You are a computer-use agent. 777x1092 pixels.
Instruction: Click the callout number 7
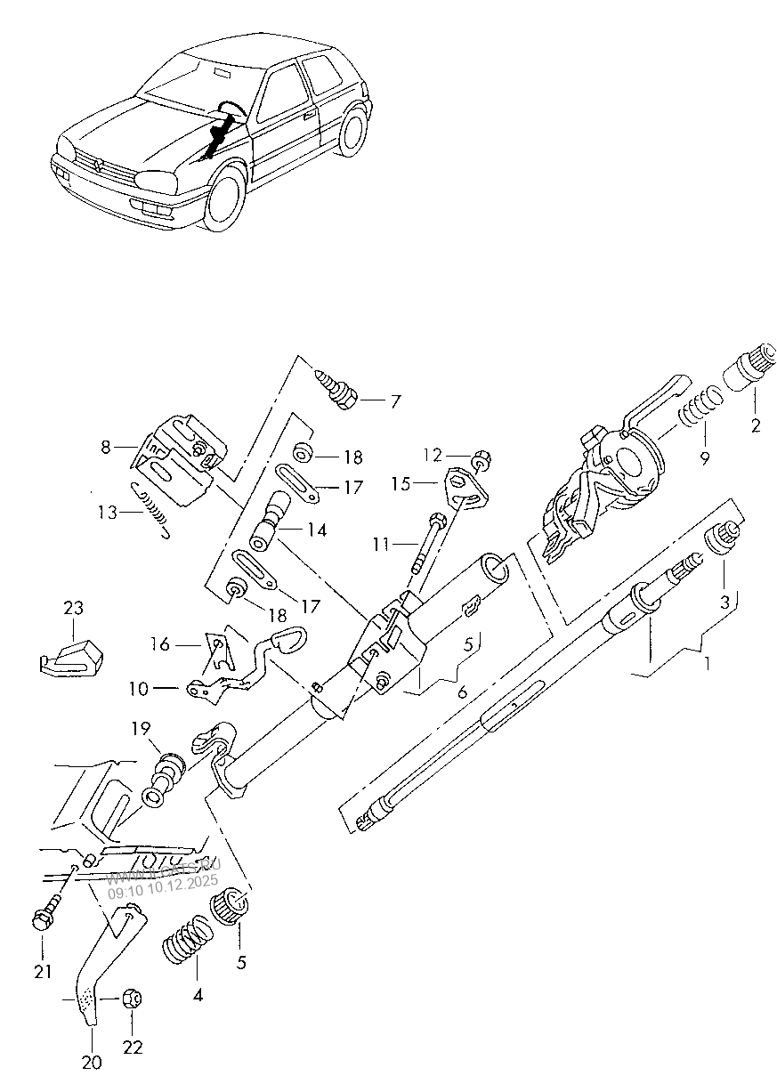pos(394,402)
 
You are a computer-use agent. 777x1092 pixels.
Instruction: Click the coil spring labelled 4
pos(188,948)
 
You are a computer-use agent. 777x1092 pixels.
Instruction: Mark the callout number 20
pos(93,1062)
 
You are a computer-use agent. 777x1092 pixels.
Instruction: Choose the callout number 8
pos(106,448)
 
